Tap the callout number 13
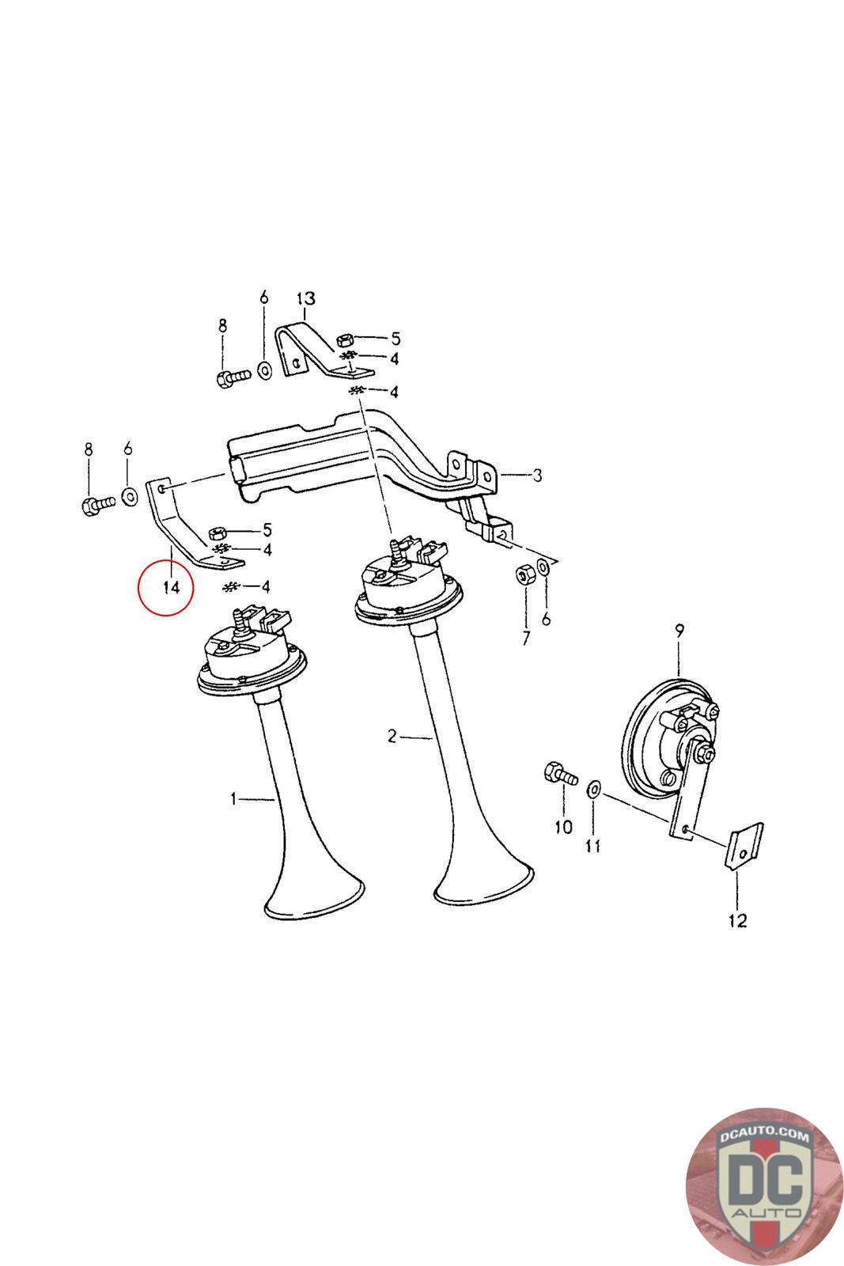(305, 298)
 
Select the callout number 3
(537, 476)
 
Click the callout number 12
(736, 920)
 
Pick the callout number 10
(562, 827)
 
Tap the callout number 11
(592, 846)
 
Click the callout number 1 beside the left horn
(233, 799)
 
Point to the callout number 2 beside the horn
(392, 737)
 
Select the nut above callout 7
(523, 574)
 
